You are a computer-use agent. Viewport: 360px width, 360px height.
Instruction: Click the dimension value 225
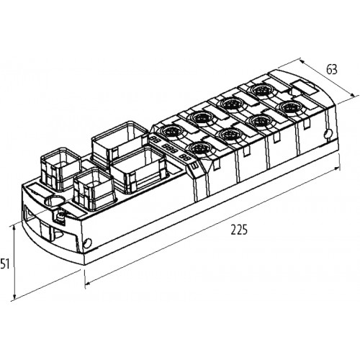(x=239, y=230)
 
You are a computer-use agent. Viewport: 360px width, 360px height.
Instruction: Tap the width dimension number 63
(x=332, y=69)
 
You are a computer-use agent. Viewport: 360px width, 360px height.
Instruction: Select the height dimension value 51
(x=4, y=264)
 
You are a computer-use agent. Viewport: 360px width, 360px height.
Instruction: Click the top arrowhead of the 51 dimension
(x=14, y=228)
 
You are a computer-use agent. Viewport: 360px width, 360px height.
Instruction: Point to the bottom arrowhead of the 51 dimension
(x=14, y=296)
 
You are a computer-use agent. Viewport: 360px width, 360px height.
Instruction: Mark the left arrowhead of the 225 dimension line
(x=89, y=284)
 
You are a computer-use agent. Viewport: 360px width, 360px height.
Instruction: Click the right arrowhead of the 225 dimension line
(x=337, y=168)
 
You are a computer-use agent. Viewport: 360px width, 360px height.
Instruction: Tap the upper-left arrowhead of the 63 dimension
(x=303, y=61)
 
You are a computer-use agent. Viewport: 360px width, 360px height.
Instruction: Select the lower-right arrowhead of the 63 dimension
(x=352, y=94)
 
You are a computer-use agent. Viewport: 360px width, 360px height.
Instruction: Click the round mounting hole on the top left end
(x=55, y=201)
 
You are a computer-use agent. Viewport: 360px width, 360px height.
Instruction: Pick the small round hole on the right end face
(x=329, y=134)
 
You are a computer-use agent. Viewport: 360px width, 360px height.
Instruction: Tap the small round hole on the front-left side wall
(x=88, y=243)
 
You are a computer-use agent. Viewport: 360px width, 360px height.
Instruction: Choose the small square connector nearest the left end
(x=60, y=169)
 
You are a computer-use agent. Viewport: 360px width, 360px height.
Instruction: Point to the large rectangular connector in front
(x=138, y=170)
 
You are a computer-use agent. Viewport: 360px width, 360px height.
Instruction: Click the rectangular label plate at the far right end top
(x=304, y=87)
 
